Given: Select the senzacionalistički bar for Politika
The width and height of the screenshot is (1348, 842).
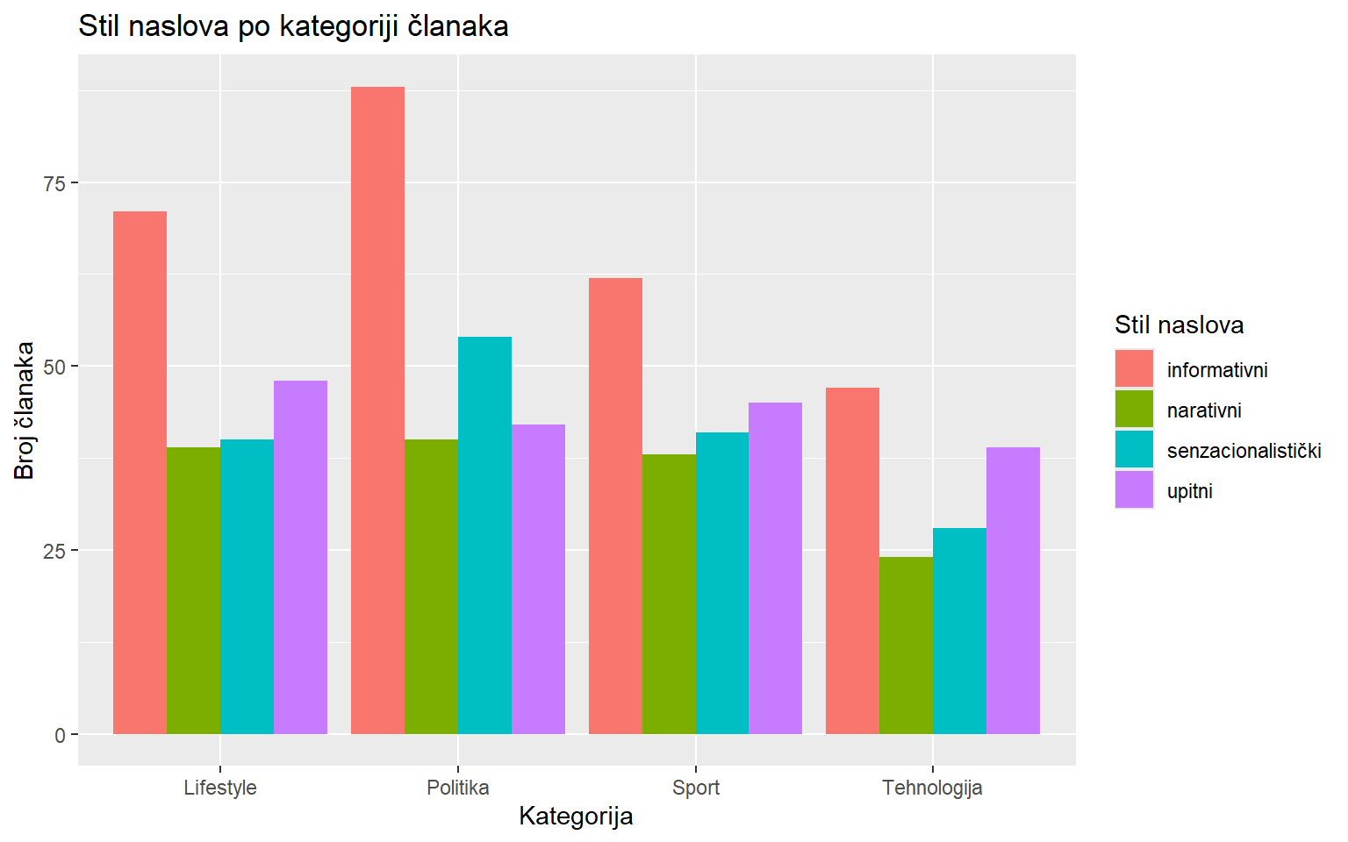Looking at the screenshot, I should pos(484,535).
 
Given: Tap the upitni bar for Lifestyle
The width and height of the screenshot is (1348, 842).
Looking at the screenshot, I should pos(300,557).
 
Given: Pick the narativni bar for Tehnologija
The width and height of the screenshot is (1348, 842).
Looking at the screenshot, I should pos(906,646).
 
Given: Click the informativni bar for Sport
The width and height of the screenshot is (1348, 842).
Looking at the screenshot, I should pos(615,506).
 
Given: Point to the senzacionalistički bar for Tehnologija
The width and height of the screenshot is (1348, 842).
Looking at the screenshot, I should pos(959,631).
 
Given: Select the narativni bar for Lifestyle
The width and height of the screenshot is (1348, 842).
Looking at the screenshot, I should pos(193,590).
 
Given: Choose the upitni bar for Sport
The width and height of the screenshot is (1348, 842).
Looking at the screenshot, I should pos(775,568).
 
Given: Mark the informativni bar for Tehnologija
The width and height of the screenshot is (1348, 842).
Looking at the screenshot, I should pos(852,560).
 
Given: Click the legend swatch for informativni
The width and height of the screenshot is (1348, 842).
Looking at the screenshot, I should pos(1134,369).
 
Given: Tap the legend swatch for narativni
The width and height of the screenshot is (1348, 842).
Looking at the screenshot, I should pos(1134,410).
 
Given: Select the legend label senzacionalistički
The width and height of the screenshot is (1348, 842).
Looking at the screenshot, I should pos(1244,451).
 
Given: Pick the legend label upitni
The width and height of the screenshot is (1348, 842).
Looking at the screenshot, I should pos(1189,491).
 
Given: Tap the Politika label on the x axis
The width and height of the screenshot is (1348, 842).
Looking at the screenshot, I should pos(457,788).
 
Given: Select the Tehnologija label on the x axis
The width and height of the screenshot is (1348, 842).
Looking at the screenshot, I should pos(932,788).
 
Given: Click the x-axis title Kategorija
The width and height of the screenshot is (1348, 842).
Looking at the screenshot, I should pos(576,817).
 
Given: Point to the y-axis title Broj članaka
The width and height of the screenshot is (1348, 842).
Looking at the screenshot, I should pos(25,410).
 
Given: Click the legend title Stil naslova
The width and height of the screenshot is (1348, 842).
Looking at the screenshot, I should pos(1179,325).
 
